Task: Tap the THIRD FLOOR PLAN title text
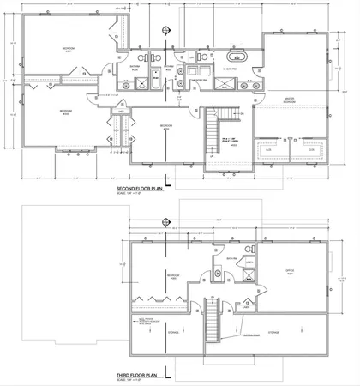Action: pyautogui.click(x=140, y=376)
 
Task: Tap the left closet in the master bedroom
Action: pyautogui.click(x=268, y=150)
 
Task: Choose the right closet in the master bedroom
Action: pyautogui.click(x=311, y=150)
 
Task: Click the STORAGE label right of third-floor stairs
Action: pyautogui.click(x=273, y=332)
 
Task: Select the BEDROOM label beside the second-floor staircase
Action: pyautogui.click(x=163, y=125)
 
